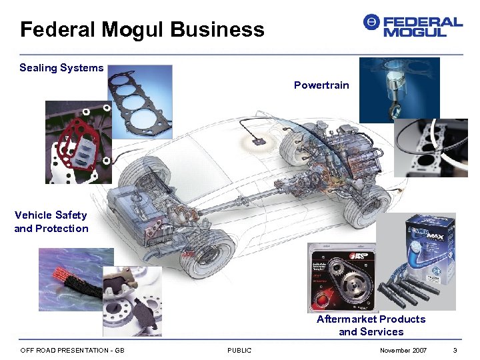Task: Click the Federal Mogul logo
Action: click(413, 26)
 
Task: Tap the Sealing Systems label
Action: click(61, 67)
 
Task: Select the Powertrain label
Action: click(321, 85)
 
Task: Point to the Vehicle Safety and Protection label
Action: click(51, 221)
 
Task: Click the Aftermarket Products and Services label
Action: click(371, 325)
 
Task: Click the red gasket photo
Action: click(77, 143)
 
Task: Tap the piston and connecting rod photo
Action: click(399, 89)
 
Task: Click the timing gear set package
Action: click(341, 277)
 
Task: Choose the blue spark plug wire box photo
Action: click(417, 260)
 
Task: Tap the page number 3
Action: click(455, 351)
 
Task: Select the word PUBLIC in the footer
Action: click(239, 351)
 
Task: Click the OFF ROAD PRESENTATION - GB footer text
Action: click(72, 351)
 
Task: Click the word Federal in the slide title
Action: click(57, 29)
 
